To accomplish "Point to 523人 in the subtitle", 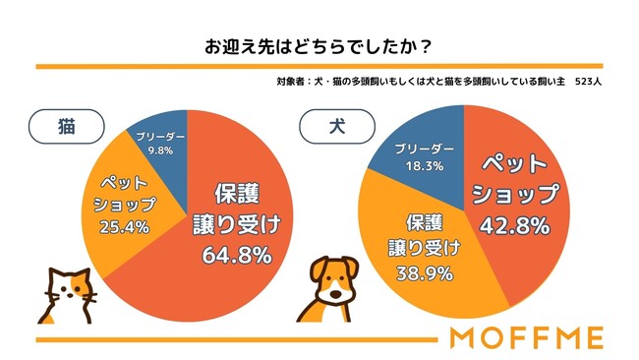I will click(588, 82).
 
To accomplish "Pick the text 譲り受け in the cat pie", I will click(235, 223).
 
